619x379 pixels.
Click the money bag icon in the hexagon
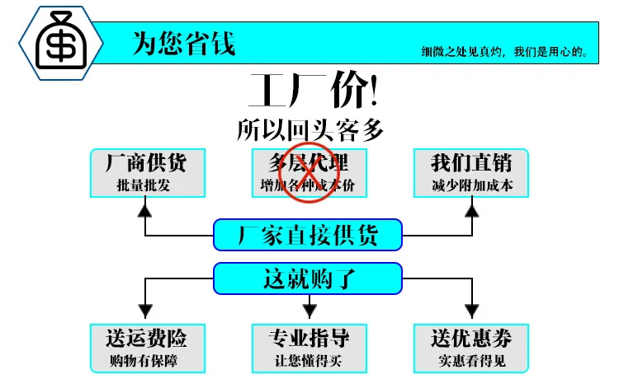pos(61,40)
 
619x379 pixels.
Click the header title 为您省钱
pos(184,43)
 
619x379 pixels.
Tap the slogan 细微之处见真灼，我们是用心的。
pos(505,52)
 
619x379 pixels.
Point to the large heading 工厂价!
pos(314,90)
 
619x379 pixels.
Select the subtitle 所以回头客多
pos(309,129)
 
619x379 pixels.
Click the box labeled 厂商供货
pos(148,173)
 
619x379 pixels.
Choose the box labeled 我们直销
pos(471,173)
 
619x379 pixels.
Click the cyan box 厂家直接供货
pos(308,235)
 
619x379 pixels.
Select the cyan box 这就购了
pos(308,278)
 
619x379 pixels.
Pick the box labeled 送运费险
pos(148,349)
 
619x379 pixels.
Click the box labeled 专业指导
pos(309,349)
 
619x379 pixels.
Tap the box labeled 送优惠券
pos(471,349)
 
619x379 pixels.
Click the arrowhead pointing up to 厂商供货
pos(145,211)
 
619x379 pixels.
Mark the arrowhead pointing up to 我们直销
pos(472,211)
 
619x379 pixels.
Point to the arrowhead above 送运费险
pos(145,311)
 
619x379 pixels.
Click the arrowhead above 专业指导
pos(309,311)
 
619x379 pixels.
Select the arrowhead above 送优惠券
pos(472,311)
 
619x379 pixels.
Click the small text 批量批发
pos(144,185)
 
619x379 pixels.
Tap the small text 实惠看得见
pos(472,361)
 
